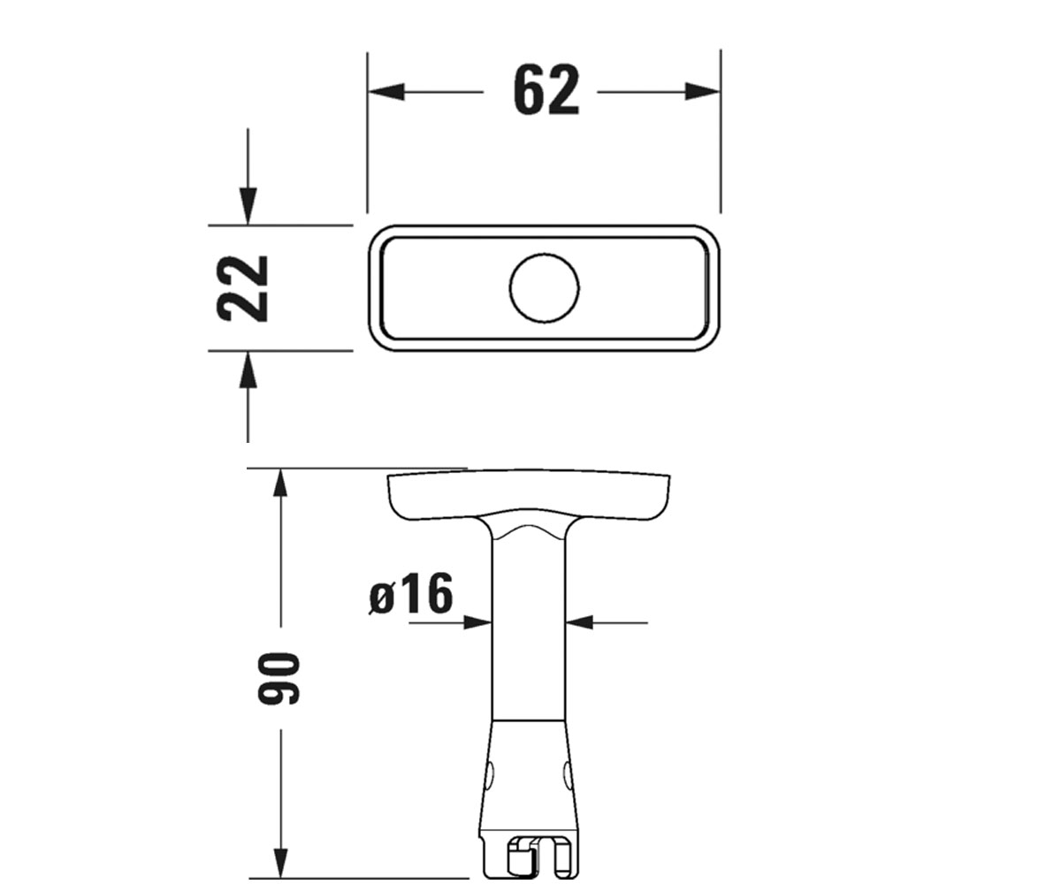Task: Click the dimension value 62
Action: (546, 89)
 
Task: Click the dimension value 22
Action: (242, 288)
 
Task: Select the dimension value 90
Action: (279, 679)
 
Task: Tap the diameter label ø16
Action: (410, 593)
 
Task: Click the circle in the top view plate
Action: (545, 288)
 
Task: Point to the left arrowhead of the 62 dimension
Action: (386, 92)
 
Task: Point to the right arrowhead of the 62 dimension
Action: (702, 92)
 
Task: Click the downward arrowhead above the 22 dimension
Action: (248, 206)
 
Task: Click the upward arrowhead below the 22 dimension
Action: (248, 370)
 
